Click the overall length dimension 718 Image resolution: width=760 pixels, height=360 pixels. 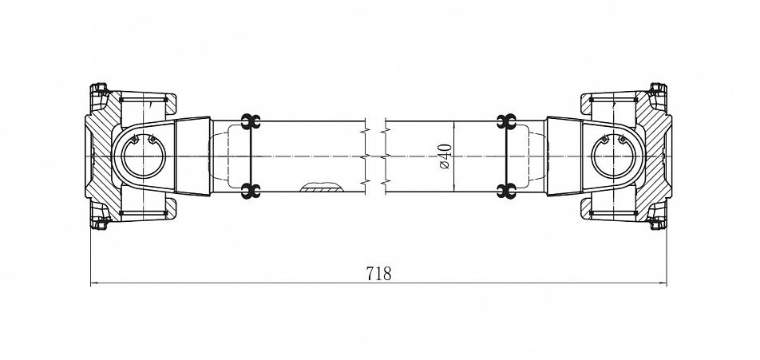click(x=378, y=274)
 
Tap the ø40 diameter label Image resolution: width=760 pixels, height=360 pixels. click(x=445, y=156)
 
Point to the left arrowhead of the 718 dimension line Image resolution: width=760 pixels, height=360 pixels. click(x=94, y=283)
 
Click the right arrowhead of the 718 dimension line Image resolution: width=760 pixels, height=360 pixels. click(x=663, y=283)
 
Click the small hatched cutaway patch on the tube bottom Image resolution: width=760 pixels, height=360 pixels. click(x=321, y=187)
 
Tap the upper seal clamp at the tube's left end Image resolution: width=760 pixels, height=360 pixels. click(x=251, y=121)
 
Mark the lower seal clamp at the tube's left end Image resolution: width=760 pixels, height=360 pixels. click(x=251, y=191)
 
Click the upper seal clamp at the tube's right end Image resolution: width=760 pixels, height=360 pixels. click(x=506, y=121)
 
